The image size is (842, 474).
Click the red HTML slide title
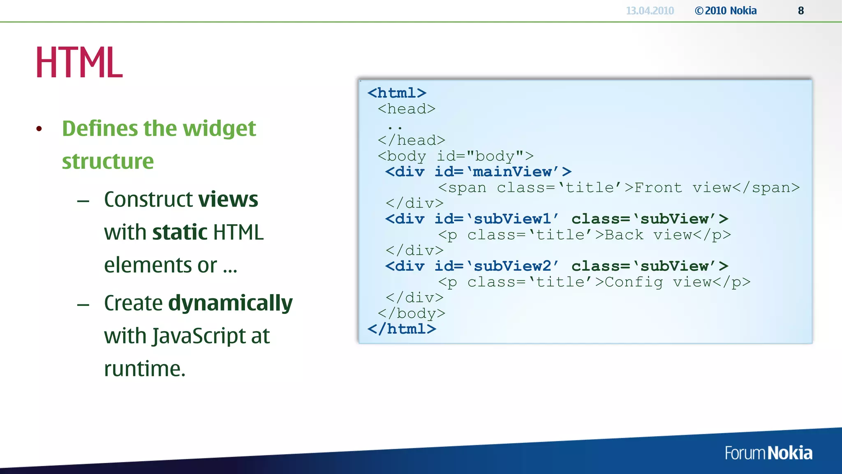click(79, 63)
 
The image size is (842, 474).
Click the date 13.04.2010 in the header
click(650, 11)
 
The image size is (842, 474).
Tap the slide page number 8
click(800, 11)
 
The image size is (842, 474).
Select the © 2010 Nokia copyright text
click(726, 11)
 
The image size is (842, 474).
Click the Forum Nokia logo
click(768, 453)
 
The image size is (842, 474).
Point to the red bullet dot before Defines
click(39, 129)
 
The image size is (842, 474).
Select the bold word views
click(228, 200)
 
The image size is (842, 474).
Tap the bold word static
click(180, 232)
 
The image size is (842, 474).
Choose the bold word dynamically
click(230, 304)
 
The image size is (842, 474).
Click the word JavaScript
click(199, 336)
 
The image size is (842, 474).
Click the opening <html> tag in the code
click(397, 93)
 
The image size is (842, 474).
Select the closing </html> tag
click(402, 329)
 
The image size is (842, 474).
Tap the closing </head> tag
click(412, 140)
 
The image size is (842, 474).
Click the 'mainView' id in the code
click(512, 172)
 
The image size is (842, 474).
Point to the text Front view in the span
click(682, 188)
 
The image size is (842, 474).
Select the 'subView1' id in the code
click(512, 219)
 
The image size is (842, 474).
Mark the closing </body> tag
click(412, 314)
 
